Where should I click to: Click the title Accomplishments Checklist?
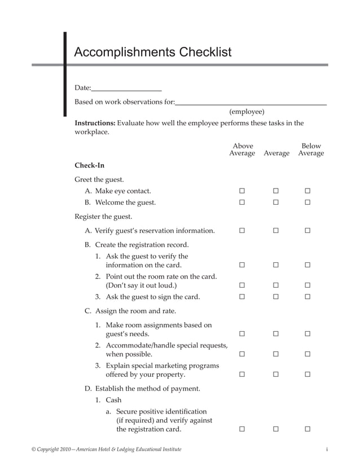click(x=153, y=52)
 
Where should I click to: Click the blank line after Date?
click(x=126, y=89)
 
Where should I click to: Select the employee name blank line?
click(x=251, y=103)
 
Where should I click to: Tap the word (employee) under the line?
click(x=247, y=112)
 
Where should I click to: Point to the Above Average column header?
click(x=242, y=150)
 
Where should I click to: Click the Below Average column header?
click(x=311, y=150)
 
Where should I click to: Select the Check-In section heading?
click(x=90, y=165)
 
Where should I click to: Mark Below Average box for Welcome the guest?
click(x=308, y=203)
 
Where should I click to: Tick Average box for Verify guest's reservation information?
click(x=276, y=231)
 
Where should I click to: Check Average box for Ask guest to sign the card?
click(x=276, y=297)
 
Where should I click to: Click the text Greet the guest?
click(x=99, y=180)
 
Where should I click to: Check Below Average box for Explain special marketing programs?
click(x=308, y=375)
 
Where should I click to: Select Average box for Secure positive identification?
click(x=276, y=429)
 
